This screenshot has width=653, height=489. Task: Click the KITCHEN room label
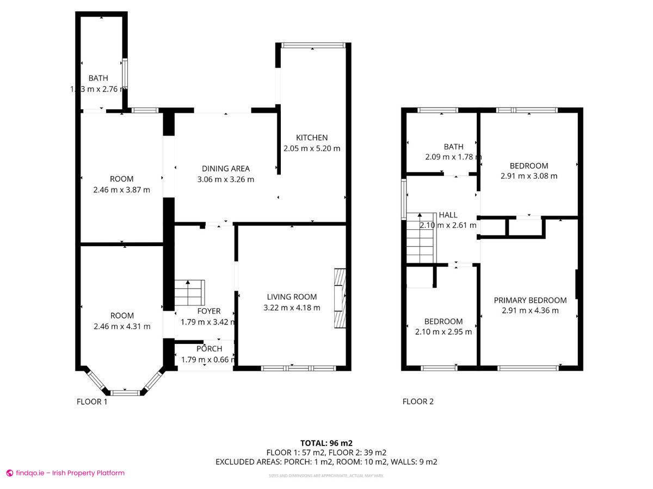(312, 137)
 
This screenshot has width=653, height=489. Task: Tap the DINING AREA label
(226, 168)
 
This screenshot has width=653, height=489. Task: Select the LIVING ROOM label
(292, 297)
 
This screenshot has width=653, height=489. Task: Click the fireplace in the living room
(340, 298)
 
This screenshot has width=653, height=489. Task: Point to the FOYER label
(208, 311)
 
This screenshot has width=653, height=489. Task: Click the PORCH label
(209, 349)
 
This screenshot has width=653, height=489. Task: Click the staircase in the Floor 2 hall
(421, 237)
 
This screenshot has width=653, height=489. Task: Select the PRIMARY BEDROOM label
(530, 300)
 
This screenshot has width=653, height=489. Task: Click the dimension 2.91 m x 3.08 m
(529, 176)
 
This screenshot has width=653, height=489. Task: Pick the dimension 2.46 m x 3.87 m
(121, 190)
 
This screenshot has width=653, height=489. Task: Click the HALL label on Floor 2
(448, 215)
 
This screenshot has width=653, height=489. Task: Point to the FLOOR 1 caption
(92, 402)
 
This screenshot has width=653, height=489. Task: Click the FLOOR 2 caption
(418, 402)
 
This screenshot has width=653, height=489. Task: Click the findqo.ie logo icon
(9, 473)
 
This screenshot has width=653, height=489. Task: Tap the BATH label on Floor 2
(453, 147)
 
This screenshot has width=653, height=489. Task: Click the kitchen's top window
(313, 45)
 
